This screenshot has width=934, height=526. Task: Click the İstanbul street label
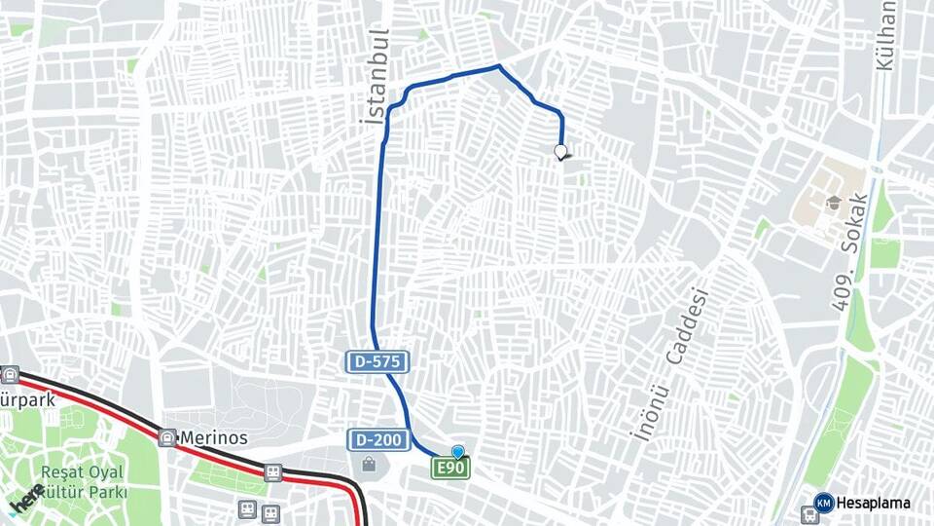point(375,76)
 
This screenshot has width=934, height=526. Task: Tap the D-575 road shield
point(377,362)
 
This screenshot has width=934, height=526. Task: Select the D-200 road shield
point(377,440)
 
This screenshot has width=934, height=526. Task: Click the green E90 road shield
point(451,470)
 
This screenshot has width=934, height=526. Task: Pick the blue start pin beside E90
point(458,452)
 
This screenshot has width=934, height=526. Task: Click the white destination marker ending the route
point(560,152)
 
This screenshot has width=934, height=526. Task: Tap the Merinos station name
point(213,438)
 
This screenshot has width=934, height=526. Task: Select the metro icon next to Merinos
point(167,438)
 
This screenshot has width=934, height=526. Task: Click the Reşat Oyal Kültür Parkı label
point(83,482)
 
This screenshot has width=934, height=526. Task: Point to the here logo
point(26,502)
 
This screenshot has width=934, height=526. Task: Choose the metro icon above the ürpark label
point(10,374)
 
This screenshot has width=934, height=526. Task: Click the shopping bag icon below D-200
point(369,465)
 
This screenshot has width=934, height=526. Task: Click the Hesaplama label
point(875,503)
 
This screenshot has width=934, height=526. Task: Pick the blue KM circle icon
point(823,503)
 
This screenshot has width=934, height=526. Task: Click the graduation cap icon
point(834,204)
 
